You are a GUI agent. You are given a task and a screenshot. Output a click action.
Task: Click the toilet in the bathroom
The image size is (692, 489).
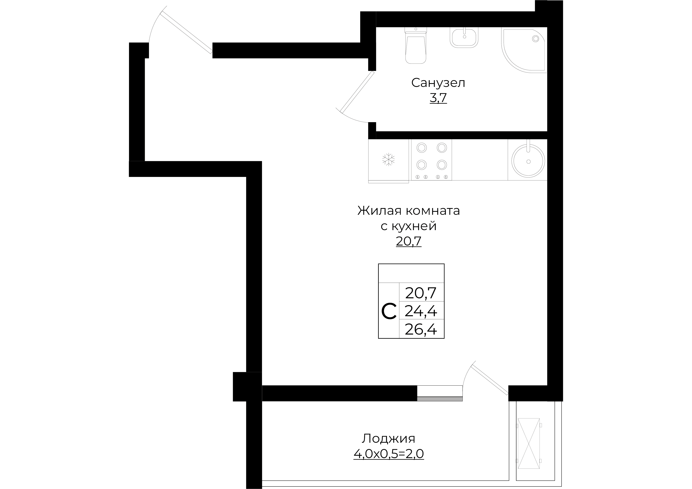pos(416,46)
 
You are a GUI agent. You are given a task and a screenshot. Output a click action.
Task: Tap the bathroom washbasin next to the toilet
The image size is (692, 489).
pos(464,37)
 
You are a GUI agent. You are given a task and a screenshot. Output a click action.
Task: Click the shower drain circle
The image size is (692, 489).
pos(536,39)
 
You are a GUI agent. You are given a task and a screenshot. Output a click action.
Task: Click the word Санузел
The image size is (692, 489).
pos(438,83)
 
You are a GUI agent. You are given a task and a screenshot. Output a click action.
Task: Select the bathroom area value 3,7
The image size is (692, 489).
pos(438,98)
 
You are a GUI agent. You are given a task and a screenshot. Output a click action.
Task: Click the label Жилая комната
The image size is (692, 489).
pos(409,211)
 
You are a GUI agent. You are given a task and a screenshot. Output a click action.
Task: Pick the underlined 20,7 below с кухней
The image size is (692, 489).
pos(409,241)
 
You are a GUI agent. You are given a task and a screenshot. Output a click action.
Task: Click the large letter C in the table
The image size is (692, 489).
pos(389,312)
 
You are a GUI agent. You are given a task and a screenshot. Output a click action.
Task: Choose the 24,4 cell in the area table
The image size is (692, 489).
pos(421,311)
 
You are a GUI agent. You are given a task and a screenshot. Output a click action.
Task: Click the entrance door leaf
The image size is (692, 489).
pos(187,33)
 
